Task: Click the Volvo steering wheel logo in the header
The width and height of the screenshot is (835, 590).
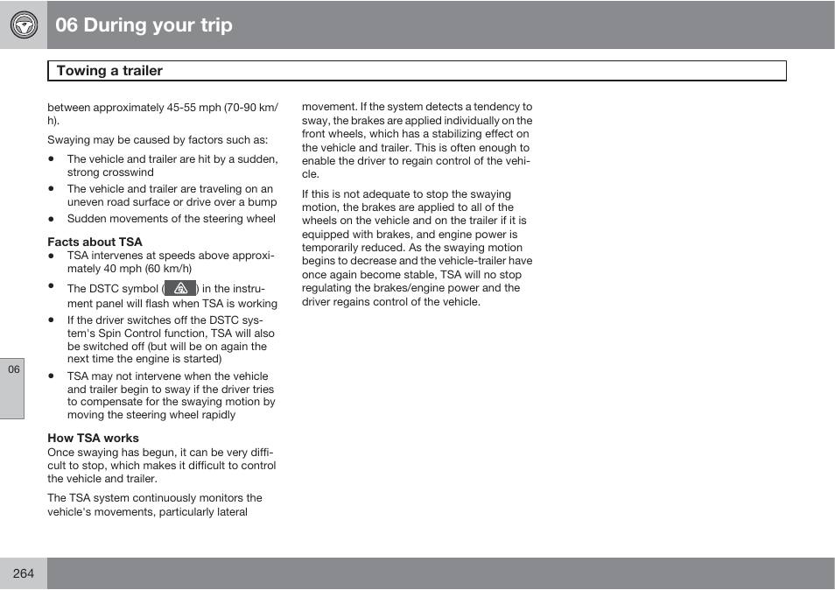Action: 24,25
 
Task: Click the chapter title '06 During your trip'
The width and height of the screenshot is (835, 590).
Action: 144,25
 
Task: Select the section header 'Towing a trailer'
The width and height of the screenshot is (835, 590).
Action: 109,71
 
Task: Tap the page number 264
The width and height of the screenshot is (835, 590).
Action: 24,573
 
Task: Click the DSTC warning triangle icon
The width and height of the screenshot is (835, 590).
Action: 180,288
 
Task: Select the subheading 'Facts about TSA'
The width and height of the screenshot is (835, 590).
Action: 95,242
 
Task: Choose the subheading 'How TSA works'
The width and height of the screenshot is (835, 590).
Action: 93,438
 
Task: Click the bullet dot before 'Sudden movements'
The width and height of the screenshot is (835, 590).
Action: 52,219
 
